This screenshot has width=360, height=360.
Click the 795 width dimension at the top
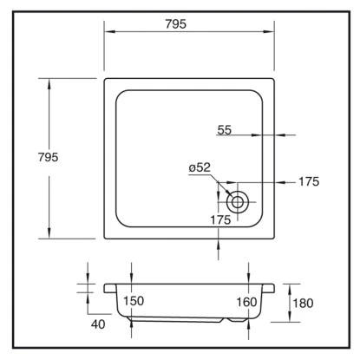pyautogui.click(x=176, y=24)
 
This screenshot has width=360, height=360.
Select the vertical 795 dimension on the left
pyautogui.click(x=49, y=157)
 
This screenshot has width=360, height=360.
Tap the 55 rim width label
pyautogui.click(x=225, y=130)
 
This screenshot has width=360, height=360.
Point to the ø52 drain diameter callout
pyautogui.click(x=200, y=167)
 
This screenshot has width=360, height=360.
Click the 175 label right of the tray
pyautogui.click(x=309, y=181)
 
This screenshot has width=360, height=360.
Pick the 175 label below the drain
pyautogui.click(x=220, y=220)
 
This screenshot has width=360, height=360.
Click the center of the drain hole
pyautogui.click(x=238, y=202)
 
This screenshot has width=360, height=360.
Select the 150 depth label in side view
pyautogui.click(x=134, y=301)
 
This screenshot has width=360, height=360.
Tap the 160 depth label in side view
pyautogui.click(x=246, y=302)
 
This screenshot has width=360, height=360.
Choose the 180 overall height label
pyautogui.click(x=303, y=304)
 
